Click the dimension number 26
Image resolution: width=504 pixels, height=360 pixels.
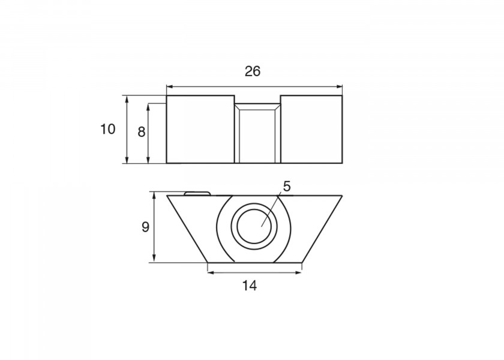point(253,71)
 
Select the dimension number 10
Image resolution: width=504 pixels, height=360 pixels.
point(107,129)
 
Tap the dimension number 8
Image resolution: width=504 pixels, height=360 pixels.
point(142,132)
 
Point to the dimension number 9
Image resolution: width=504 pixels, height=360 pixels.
point(145,227)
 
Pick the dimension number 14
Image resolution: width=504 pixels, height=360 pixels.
point(250,286)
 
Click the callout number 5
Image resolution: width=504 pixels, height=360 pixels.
point(287,186)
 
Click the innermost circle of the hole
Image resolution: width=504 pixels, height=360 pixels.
point(254,227)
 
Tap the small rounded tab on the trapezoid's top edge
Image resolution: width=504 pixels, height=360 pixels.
point(197,193)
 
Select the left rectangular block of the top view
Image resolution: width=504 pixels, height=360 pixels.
point(200,129)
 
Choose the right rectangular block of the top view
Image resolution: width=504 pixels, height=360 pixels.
point(311,129)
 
